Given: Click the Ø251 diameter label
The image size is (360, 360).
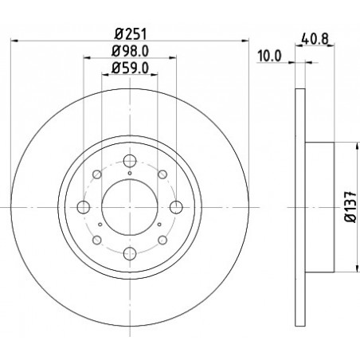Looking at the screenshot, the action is tap(131, 34).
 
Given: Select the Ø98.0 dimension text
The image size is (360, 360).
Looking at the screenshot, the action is tap(130, 51).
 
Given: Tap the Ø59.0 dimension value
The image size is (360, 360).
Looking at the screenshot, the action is tap(130, 68).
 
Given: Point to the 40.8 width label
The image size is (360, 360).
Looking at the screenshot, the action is tap(315, 39).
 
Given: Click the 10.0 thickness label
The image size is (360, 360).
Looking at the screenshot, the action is tap(270, 56).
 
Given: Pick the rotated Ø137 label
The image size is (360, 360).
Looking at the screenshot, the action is tap(351, 206).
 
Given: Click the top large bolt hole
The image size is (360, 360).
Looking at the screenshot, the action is tap(130, 161).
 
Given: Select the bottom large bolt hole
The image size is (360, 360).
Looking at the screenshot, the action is tap(130, 253).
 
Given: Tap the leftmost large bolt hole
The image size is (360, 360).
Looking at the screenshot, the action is tap(84, 207).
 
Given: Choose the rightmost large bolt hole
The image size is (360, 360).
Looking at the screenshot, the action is tap(176, 207).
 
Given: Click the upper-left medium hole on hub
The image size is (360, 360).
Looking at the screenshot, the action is tap(97, 174).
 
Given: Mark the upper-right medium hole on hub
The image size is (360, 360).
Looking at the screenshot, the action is tap(162, 174).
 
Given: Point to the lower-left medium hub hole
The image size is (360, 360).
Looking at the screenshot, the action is tap(97, 240).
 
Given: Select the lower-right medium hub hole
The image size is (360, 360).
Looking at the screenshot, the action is tap(162, 240).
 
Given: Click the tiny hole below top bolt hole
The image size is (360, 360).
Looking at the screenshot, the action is tap(130, 174).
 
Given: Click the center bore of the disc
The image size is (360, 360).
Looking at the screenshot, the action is tap(130, 207).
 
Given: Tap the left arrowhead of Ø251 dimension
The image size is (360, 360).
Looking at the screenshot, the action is tap(14, 41).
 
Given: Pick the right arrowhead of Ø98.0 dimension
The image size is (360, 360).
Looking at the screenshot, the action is tap(173, 57).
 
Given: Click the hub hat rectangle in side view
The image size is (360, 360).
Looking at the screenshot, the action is tap(319, 207).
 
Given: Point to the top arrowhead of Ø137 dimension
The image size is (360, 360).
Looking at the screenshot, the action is tap(357, 146).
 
